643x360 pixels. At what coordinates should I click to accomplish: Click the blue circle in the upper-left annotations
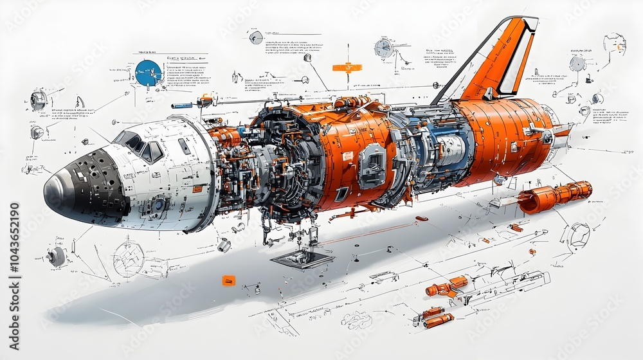click(x=149, y=73)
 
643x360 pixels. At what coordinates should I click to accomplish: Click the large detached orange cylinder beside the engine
click(x=554, y=195)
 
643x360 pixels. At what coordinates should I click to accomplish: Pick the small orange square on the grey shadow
click(x=228, y=280)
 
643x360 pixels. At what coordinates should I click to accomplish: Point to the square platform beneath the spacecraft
click(x=302, y=259)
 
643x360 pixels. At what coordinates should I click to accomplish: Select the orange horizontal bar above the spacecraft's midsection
click(x=347, y=67)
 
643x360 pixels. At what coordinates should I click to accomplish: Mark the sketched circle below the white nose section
click(x=129, y=258)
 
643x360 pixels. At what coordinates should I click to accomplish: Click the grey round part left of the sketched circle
click(x=57, y=256)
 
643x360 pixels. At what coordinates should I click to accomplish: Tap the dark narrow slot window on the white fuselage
click(x=184, y=146)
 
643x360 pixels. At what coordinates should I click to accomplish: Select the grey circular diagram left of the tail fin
click(x=384, y=48)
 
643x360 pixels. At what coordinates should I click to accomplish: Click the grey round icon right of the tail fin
click(x=577, y=63)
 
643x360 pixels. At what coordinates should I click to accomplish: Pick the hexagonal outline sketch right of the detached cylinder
click(x=579, y=235)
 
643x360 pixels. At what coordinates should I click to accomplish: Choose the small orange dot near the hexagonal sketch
click(x=532, y=251)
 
